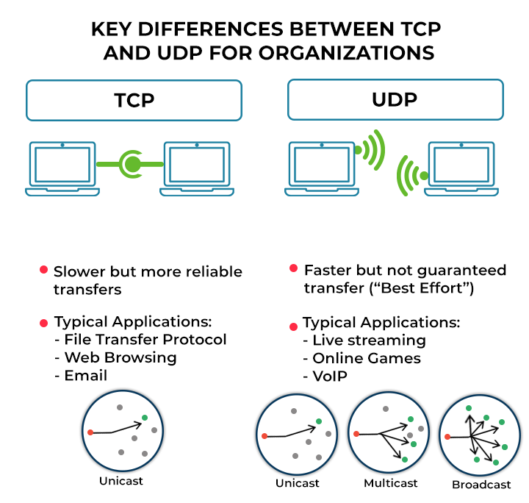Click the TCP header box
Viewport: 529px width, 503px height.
134,100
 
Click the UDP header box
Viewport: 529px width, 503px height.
395,100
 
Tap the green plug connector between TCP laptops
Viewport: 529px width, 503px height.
132,163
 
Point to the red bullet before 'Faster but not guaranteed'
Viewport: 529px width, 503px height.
294,269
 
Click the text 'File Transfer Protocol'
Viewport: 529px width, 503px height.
145,340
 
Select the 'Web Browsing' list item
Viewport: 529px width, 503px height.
120,357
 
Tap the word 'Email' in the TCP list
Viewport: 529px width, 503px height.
86,375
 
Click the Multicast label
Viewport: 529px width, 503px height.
391,483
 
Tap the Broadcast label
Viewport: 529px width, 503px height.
481,485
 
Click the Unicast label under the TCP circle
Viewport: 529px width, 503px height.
121,481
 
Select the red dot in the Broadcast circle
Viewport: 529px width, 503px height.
447,437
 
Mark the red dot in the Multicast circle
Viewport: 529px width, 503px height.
356,434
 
